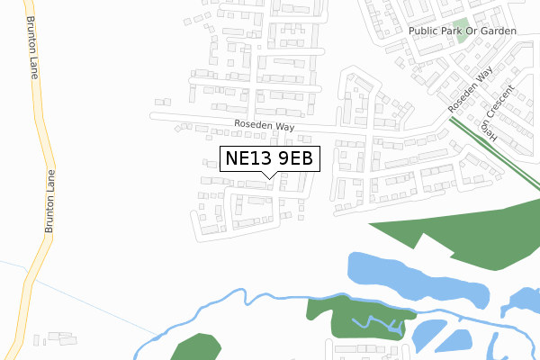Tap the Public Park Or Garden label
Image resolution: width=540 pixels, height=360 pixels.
pyautogui.click(x=463, y=31)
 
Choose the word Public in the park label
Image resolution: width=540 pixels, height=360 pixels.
pyautogui.click(x=422, y=31)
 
